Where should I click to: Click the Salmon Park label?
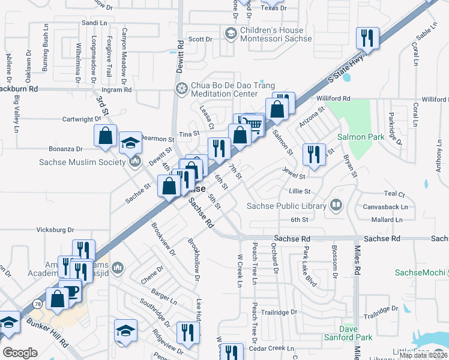(360, 137)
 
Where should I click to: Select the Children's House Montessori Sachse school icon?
(231, 34)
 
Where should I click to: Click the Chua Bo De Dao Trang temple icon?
(181, 89)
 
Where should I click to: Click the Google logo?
(20, 353)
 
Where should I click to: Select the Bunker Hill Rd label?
(47, 329)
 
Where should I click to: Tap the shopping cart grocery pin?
(255, 124)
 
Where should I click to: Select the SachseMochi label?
(421, 272)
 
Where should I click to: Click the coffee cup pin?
(71, 290)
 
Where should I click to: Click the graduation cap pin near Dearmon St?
(130, 143)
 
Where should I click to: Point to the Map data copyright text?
(423, 355)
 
